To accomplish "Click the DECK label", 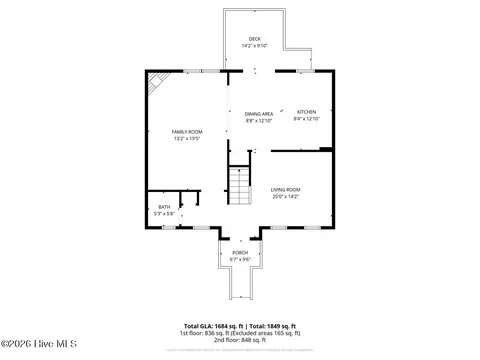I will click(255, 39).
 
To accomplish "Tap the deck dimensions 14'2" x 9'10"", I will click(255, 46).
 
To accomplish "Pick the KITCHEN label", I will click(306, 113).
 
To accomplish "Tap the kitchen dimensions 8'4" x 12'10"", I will click(306, 120).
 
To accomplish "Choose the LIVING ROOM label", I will click(285, 189).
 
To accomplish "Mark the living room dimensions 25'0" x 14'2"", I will click(285, 196).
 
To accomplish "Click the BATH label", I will click(163, 207).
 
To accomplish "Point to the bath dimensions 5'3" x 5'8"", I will click(163, 214).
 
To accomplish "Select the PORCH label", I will click(240, 253).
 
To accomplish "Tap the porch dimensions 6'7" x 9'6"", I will click(240, 260).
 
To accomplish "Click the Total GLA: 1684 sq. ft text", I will click(212, 326).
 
